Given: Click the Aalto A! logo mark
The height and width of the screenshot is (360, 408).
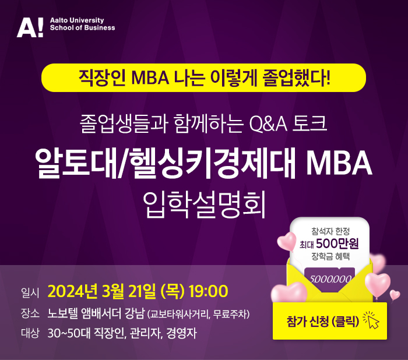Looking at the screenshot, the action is point(30,27).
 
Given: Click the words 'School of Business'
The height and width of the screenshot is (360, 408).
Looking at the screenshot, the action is point(83,28).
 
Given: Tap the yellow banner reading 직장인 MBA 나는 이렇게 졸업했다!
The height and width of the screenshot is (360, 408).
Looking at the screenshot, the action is point(204,77).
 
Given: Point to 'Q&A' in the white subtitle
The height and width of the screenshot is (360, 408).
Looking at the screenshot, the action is point(268,124).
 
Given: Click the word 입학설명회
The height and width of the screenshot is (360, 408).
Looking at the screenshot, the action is point(204,204).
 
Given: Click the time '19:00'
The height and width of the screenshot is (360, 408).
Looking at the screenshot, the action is point(208,291).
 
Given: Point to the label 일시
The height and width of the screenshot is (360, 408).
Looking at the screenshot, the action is point(30,292).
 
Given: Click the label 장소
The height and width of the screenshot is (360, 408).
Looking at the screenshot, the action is point(30,313).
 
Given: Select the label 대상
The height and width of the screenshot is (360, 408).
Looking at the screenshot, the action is point(30,333).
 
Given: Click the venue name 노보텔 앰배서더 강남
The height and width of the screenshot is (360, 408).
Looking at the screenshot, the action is point(96,313).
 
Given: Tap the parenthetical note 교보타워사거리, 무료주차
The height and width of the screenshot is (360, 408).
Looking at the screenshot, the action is point(199,314).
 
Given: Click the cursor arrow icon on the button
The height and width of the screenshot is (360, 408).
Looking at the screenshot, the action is point(371,320).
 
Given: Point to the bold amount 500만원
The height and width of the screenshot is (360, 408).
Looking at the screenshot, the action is point(337,243).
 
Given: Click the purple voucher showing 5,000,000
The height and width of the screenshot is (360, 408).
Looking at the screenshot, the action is point(330,278).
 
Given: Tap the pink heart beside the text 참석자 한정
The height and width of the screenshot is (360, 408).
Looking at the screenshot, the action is point(287,242).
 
